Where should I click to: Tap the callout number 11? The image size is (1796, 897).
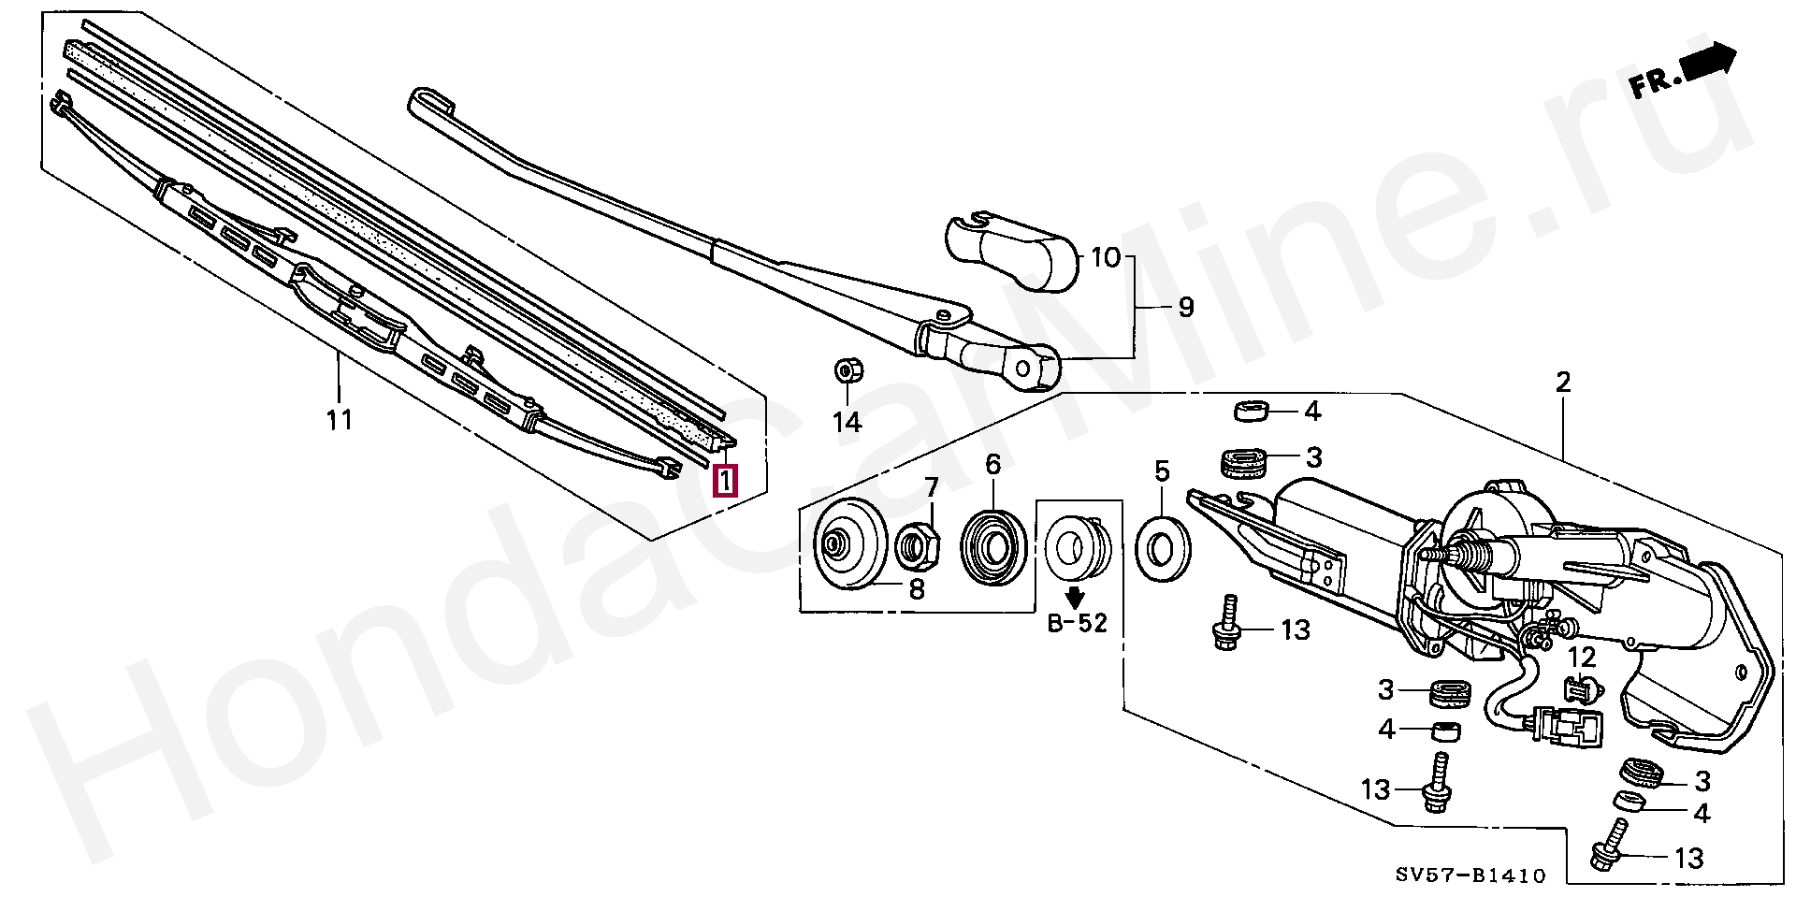point(340,419)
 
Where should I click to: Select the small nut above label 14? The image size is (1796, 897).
point(847,371)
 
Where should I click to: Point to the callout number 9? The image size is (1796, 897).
point(1186,307)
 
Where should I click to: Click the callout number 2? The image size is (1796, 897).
point(1562,382)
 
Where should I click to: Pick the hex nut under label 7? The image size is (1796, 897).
point(920,544)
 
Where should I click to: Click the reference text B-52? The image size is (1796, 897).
point(1077,622)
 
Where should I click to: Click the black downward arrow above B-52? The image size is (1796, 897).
point(1076,595)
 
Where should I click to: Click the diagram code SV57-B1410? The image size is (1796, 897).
point(1470,875)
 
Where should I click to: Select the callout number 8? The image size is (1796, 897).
point(917,588)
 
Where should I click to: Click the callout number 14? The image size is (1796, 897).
point(847,423)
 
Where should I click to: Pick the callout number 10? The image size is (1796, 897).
point(1105,256)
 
